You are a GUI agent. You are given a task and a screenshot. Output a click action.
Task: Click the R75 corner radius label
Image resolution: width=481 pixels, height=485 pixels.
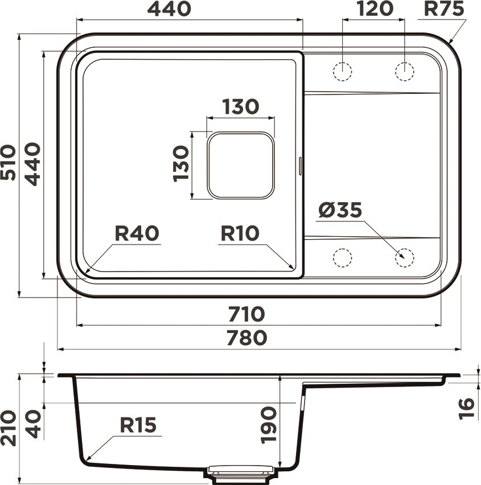444,9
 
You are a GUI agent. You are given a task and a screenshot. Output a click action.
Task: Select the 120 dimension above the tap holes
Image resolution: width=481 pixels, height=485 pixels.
375,9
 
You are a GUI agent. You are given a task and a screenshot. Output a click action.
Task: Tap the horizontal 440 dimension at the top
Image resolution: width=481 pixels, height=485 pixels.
169,9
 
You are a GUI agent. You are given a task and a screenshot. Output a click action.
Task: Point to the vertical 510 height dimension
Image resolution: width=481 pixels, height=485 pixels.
8,163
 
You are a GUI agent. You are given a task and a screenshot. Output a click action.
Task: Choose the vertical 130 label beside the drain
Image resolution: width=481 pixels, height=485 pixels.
180,163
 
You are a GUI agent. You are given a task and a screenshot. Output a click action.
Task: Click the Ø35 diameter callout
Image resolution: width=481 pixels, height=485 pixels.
340,211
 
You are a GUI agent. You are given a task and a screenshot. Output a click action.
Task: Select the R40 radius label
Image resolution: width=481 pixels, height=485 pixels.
137,233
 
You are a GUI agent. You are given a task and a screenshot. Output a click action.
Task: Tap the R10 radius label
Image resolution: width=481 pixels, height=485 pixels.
240,233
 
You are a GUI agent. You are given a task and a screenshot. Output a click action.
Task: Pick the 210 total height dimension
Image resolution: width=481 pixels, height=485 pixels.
8,428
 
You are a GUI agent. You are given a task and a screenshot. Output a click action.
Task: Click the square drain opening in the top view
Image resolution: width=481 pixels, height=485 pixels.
240,165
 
